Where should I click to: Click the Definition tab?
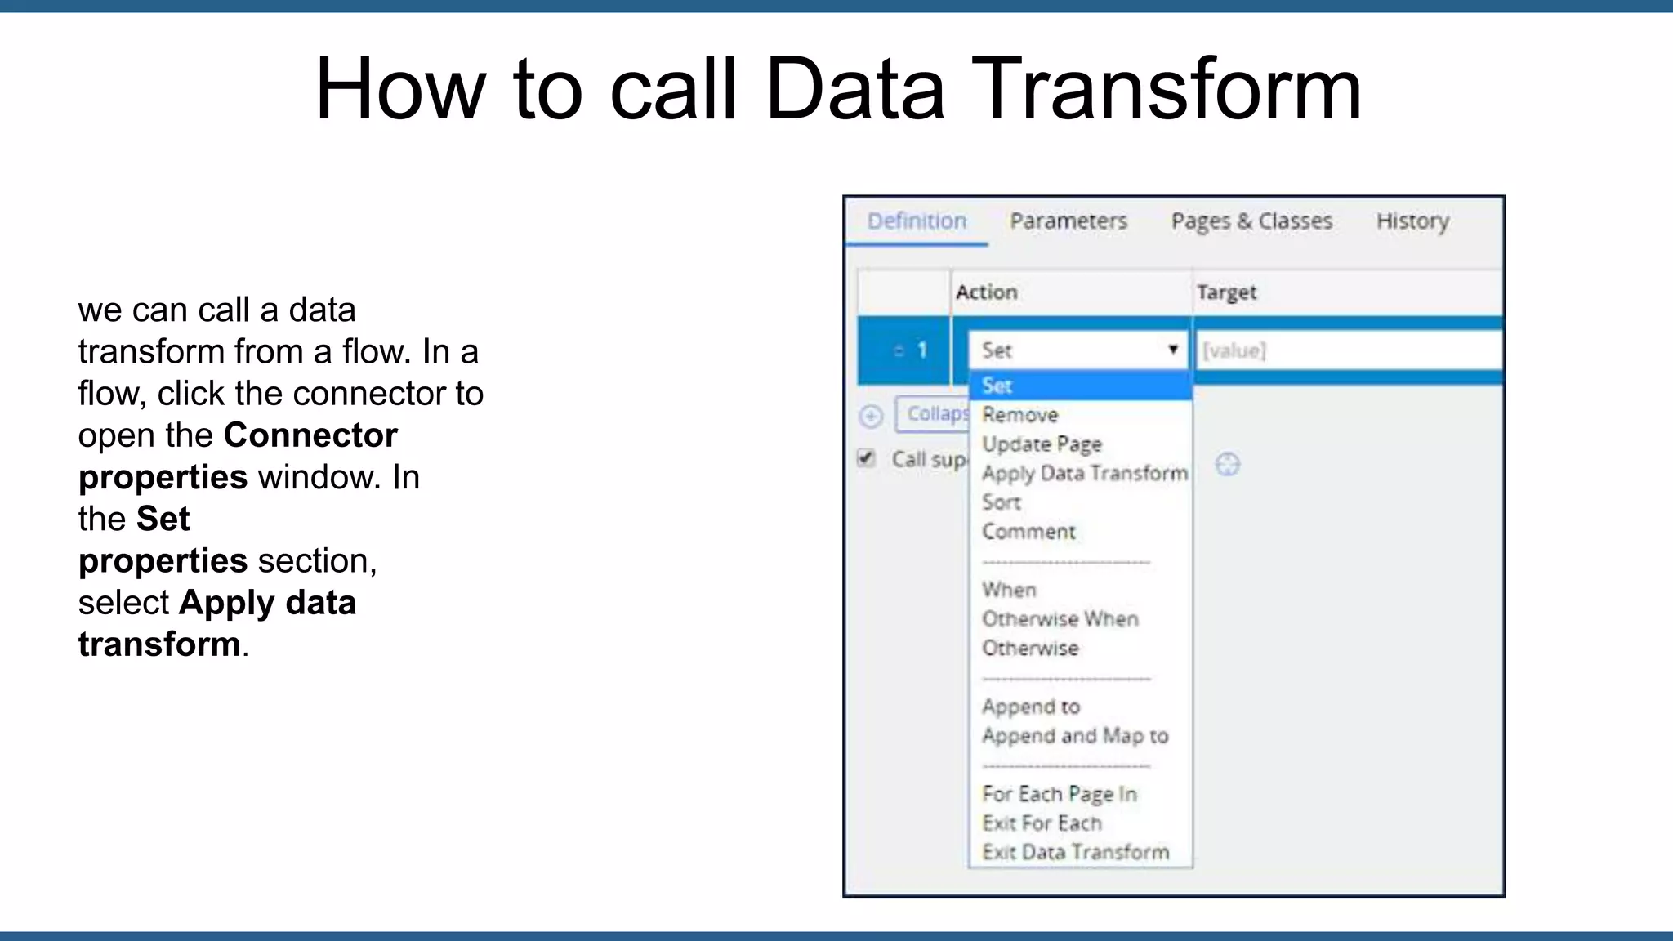pyautogui.click(x=917, y=221)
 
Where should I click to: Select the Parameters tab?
pyautogui.click(x=1068, y=221)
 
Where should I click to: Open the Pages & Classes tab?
pyautogui.click(x=1251, y=221)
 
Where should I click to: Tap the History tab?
pyautogui.click(x=1412, y=221)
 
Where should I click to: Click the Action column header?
pyautogui.click(x=987, y=292)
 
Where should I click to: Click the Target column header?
pyautogui.click(x=1226, y=292)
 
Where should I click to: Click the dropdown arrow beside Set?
pyautogui.click(x=1173, y=350)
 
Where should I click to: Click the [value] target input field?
pyautogui.click(x=1348, y=350)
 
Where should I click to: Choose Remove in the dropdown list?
pyautogui.click(x=1020, y=415)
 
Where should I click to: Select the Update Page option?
pyautogui.click(x=1042, y=444)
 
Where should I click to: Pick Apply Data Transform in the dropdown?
pyautogui.click(x=1084, y=474)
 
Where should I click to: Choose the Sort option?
pyautogui.click(x=1002, y=502)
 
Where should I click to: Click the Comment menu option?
pyautogui.click(x=1028, y=532)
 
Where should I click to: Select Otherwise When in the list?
pyautogui.click(x=1060, y=619)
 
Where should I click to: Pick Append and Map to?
pyautogui.click(x=1075, y=736)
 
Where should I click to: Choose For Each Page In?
pyautogui.click(x=1059, y=794)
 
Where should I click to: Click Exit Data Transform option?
pyautogui.click(x=1075, y=853)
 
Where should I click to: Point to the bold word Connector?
pyautogui.click(x=310, y=435)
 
